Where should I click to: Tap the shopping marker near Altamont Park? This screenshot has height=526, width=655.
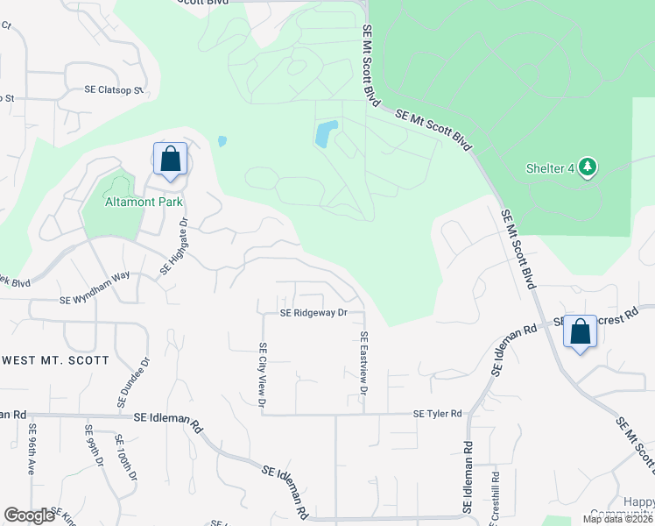[x=170, y=160]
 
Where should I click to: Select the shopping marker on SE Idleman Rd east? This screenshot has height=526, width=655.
[x=580, y=332]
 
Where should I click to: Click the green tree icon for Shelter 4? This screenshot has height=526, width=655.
[x=588, y=167]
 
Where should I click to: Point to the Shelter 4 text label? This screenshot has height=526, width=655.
[x=549, y=168]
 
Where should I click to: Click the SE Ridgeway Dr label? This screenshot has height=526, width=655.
[x=313, y=312]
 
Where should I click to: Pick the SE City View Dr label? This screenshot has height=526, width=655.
[x=261, y=373]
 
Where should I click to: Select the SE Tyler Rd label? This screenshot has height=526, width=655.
[x=438, y=413]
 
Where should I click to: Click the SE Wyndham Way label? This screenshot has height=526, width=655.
[x=95, y=300]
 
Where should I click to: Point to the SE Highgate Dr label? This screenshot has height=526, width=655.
[x=173, y=248]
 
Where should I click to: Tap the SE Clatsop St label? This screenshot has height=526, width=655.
[x=113, y=89]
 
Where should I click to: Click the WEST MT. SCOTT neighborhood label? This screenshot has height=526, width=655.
[x=56, y=360]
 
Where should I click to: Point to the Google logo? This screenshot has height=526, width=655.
[x=29, y=515]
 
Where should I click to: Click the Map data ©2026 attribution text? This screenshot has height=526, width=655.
[x=617, y=519]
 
